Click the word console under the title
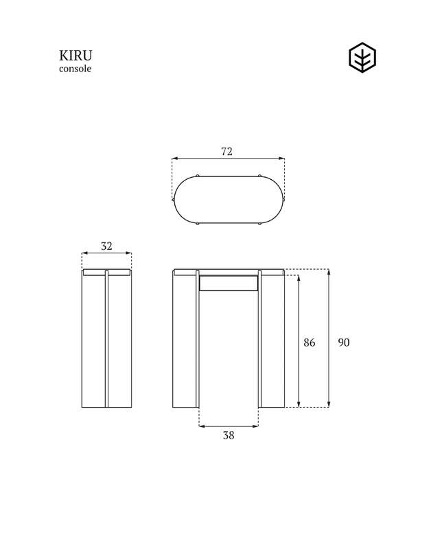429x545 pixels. [75, 69]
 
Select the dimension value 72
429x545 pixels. [227, 152]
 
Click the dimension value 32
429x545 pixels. [106, 246]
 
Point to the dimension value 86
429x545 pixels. [310, 342]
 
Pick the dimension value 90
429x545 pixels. [343, 342]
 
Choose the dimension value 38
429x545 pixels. [229, 435]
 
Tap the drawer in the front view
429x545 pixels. [229, 282]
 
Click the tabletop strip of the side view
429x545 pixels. [106, 272]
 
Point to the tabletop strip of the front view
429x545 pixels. [228, 272]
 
